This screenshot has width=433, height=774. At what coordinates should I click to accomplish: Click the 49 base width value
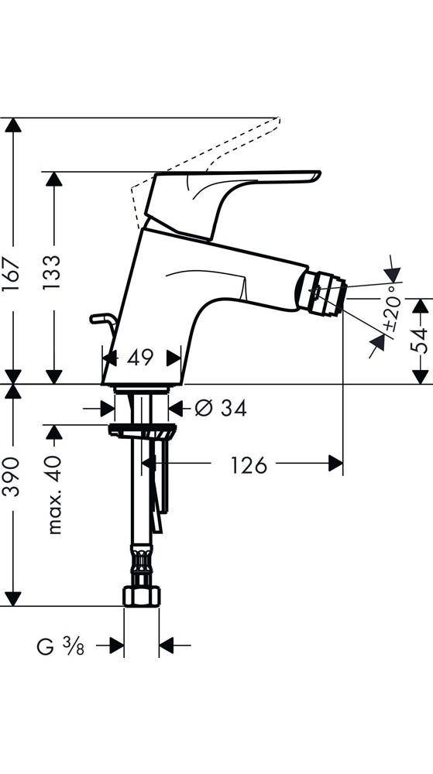point(140,358)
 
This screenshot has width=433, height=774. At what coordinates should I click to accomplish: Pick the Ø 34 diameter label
point(221,408)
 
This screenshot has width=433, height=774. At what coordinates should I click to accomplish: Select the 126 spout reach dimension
point(249,464)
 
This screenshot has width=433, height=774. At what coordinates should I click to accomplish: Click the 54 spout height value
point(420,341)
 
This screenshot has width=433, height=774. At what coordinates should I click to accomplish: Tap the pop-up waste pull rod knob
point(98,317)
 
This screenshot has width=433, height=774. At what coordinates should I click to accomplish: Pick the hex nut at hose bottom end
point(142,596)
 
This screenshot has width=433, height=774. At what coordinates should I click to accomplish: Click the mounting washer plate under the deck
point(140,430)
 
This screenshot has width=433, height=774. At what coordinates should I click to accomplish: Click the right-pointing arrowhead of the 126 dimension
point(335,464)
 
